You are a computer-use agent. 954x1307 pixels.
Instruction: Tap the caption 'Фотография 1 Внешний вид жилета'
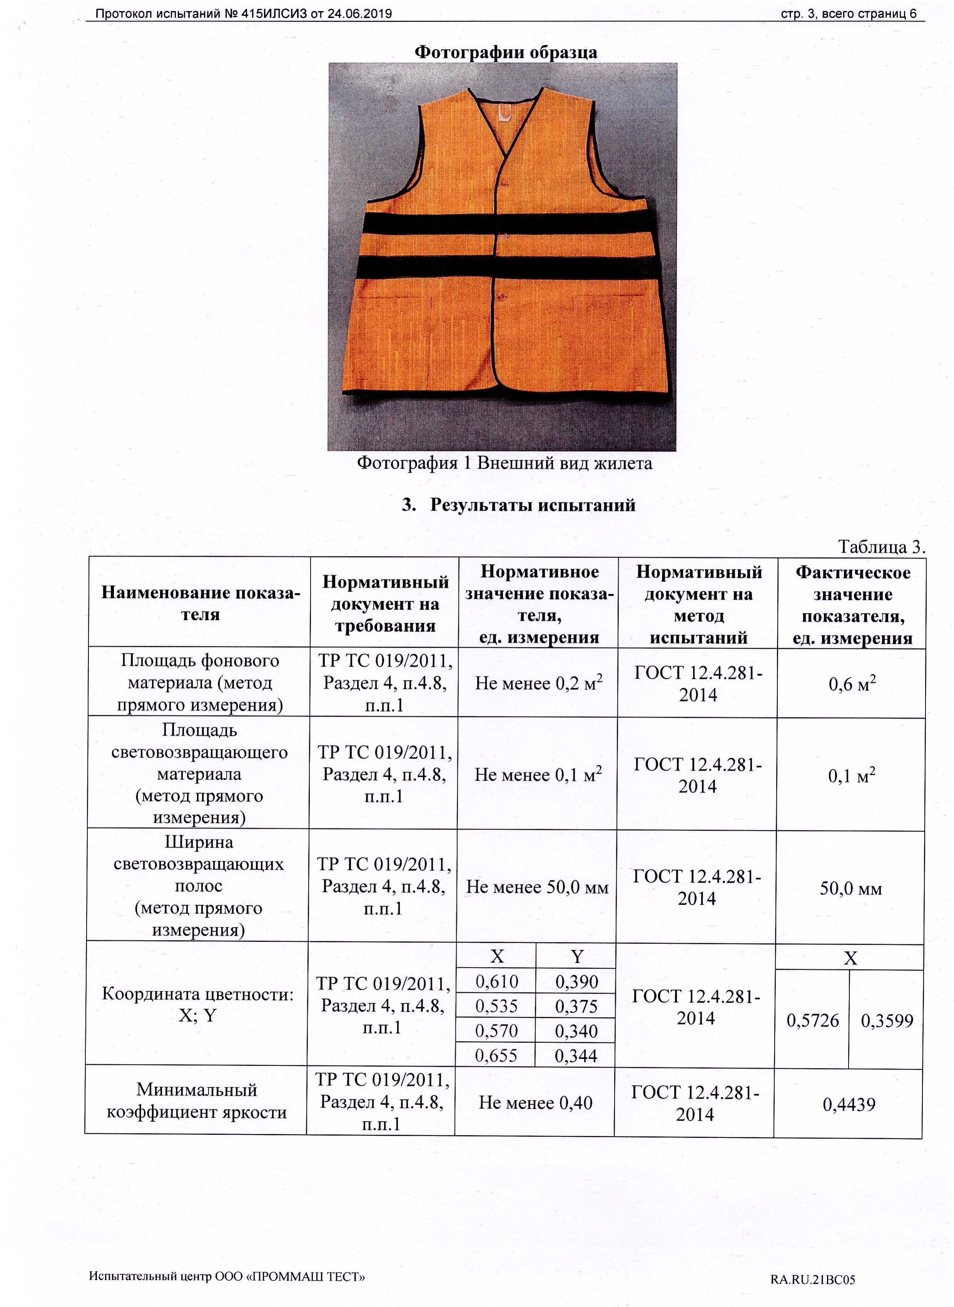click(x=504, y=463)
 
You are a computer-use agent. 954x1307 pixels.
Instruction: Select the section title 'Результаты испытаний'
click(x=532, y=505)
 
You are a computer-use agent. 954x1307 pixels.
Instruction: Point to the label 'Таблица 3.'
click(x=881, y=546)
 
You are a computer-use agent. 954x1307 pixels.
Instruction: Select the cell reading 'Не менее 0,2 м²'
click(x=538, y=683)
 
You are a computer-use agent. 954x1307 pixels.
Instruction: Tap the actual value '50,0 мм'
click(x=851, y=888)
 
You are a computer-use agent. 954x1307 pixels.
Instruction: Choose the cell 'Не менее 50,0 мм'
click(x=537, y=887)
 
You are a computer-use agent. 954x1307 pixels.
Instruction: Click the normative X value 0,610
click(x=497, y=982)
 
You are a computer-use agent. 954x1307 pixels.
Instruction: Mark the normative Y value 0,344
click(x=576, y=1056)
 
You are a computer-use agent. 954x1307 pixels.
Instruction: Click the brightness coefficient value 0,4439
click(x=849, y=1105)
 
